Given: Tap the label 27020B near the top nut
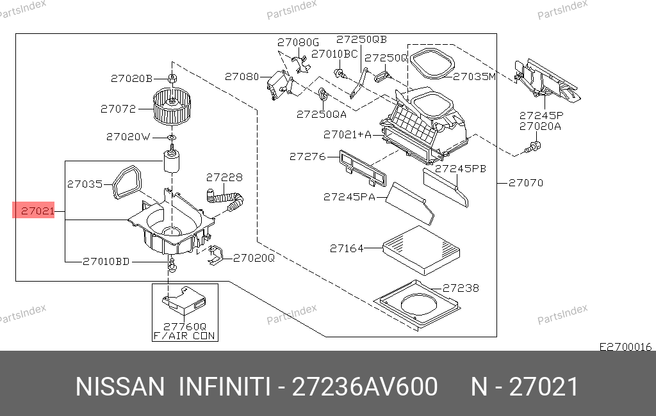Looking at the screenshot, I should [131, 79].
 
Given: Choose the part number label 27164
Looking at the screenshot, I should [347, 248].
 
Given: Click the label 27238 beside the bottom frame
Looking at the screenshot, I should [461, 289].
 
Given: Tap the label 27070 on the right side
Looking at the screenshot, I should [526, 183].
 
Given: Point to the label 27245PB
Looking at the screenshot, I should [461, 170].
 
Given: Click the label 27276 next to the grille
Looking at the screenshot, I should [307, 156].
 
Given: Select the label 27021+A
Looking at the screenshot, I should [347, 134].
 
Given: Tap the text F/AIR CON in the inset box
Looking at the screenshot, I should [184, 335].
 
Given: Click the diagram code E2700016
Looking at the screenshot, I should [625, 347].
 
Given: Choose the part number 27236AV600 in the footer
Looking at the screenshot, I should [365, 387].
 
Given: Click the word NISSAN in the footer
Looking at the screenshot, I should [120, 387].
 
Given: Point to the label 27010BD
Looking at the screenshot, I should [106, 260].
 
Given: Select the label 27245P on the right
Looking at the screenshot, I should [541, 116].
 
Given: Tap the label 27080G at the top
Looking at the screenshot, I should [298, 43].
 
